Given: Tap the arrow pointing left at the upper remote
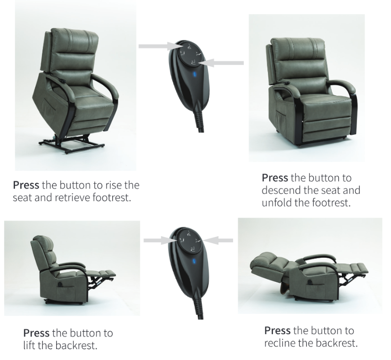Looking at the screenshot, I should [225, 62].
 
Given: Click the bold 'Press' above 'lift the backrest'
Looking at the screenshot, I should [37, 333].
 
